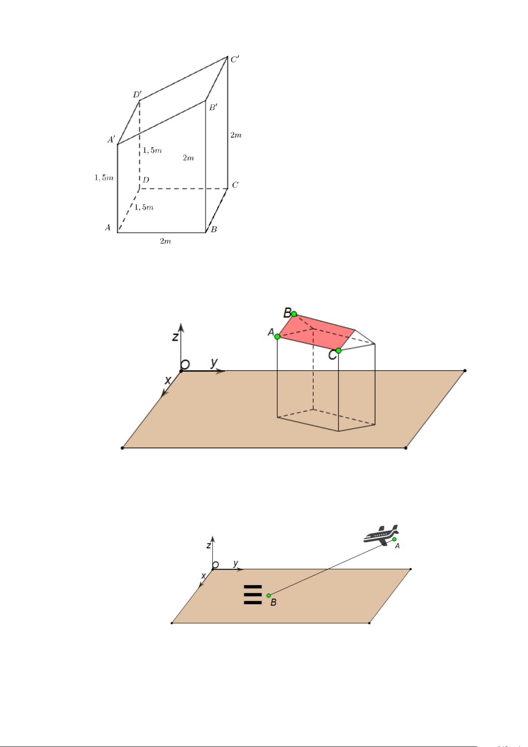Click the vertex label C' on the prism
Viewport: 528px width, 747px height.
pos(235,60)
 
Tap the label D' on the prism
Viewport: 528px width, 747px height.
pos(137,95)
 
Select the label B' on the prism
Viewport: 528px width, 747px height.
pos(213,107)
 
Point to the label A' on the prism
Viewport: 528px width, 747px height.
pos(111,139)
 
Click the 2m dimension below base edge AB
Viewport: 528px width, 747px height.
pos(166,241)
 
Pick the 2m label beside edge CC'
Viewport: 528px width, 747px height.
pos(236,135)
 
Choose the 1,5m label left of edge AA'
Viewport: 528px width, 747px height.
pos(104,178)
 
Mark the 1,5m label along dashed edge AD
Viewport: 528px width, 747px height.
pos(144,207)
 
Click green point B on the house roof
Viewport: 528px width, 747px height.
pos(294,314)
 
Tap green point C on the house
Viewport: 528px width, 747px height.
pos(338,351)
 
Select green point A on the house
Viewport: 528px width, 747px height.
pos(277,337)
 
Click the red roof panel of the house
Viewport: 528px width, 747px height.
pos(316,332)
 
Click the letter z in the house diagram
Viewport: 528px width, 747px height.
pos(175,337)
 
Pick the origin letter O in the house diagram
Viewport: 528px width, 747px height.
pos(185,364)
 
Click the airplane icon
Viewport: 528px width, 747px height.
pos(381,534)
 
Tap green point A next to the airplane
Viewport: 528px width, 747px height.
pos(394,539)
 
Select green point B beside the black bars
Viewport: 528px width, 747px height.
pos(269,595)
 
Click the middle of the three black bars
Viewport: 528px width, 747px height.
pos(253,594)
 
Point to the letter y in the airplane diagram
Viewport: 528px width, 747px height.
pos(236,563)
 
